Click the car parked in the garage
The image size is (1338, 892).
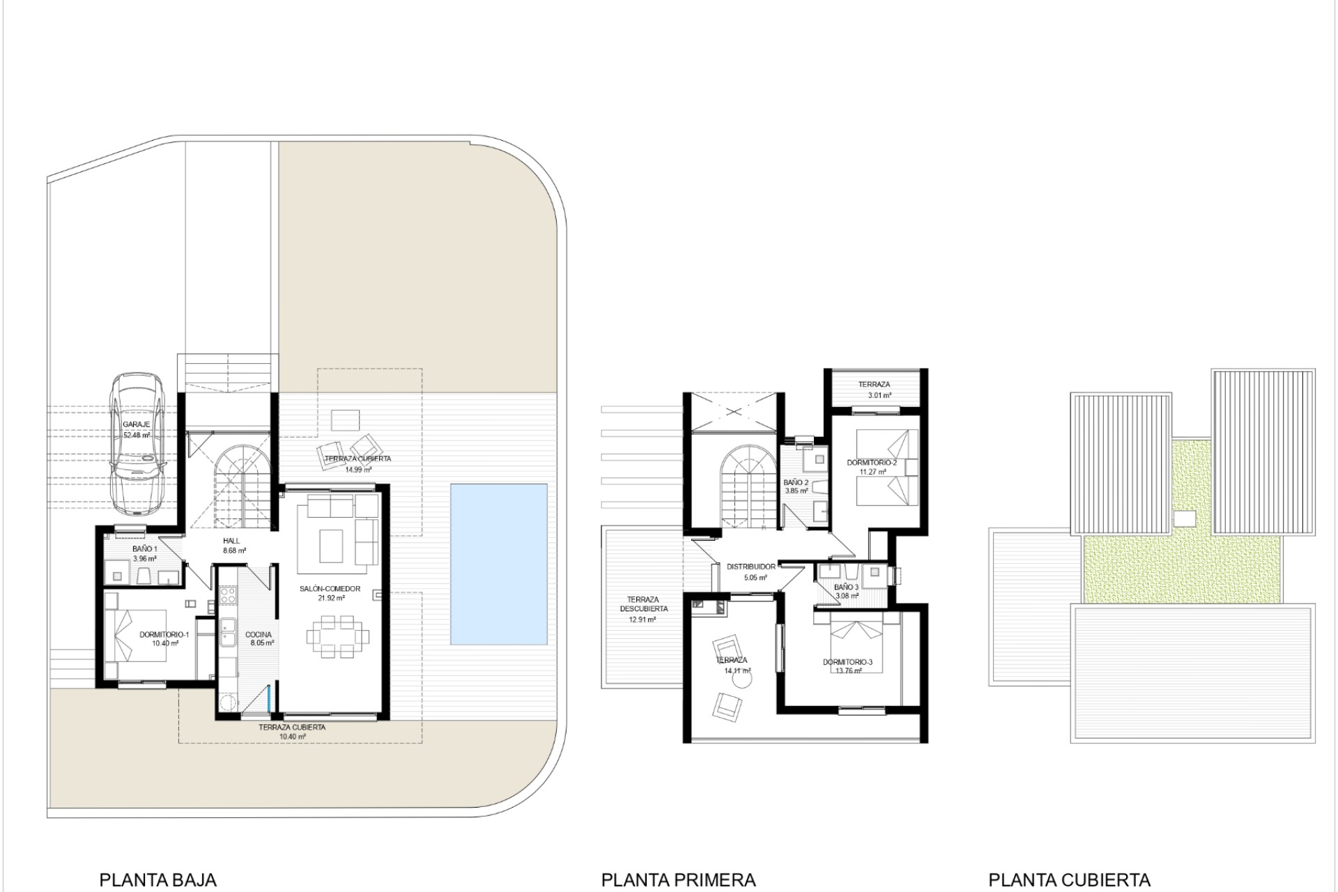click(137, 443)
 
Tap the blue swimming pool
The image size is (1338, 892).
click(498, 564)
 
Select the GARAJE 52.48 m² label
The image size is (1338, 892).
click(137, 429)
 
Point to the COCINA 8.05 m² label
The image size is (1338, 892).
click(259, 639)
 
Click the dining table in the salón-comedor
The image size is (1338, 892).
click(338, 636)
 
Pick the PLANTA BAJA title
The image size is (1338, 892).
click(158, 880)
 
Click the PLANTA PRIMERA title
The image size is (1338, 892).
click(678, 880)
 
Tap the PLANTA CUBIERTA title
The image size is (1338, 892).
click(1069, 880)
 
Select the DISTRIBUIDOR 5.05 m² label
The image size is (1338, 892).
click(751, 572)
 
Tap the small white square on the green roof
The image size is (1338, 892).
click(1185, 518)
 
